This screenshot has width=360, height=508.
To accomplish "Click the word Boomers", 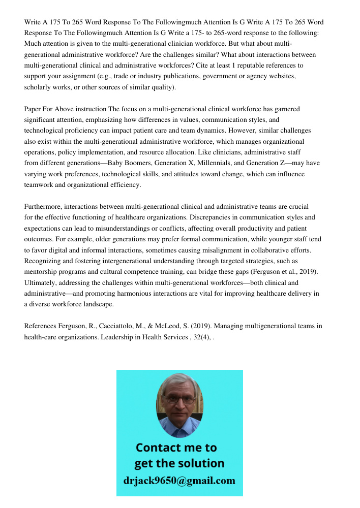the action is [x=133, y=163].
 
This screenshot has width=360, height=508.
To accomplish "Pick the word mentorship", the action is [x=42, y=272].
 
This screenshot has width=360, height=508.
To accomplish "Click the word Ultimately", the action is [x=41, y=282].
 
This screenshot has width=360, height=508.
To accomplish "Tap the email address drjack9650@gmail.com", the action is [x=179, y=480].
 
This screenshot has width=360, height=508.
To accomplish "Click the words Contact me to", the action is [x=176, y=448].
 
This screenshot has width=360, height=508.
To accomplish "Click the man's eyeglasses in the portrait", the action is [x=179, y=399].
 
